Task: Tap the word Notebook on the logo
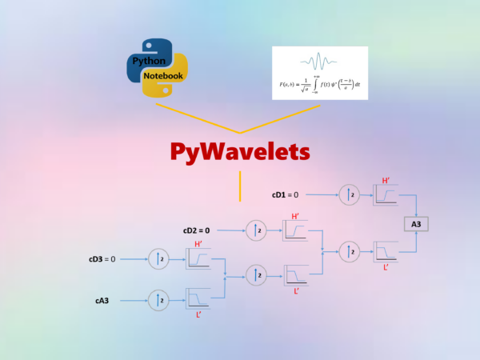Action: tap(165, 76)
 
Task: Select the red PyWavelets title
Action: tap(240, 152)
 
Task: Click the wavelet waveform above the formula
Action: tap(320, 60)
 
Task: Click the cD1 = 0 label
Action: tap(284, 194)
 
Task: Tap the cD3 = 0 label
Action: tap(102, 259)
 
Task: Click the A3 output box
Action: tap(416, 224)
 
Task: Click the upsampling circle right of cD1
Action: tap(348, 194)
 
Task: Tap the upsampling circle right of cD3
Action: tap(158, 259)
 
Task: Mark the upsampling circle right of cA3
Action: tap(158, 301)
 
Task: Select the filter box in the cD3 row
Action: tap(198, 259)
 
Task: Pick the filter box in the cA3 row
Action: tap(198, 299)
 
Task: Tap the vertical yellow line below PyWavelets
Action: tap(240, 186)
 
